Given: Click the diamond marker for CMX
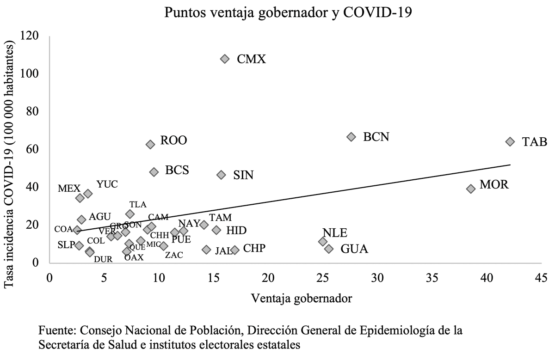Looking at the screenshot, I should point(225,59).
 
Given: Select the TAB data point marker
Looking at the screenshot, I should point(510,141).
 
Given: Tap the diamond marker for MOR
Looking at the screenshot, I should point(471,189).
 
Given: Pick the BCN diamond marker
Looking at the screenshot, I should point(351,137).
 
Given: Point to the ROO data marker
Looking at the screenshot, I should point(150,144).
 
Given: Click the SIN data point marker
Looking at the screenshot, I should point(221,175).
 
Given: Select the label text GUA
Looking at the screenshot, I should point(354,249).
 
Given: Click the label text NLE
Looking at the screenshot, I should point(335,233).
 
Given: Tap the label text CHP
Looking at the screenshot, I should point(254,249).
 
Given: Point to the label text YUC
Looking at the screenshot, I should point(107,184).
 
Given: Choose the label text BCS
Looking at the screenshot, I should point(177,170).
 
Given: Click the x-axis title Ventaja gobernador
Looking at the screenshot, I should point(302,298).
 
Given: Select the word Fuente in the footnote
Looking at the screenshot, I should point(57,331).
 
